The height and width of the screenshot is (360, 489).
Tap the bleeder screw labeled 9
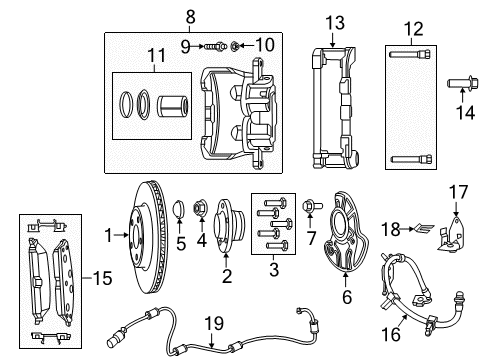point(214,45)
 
